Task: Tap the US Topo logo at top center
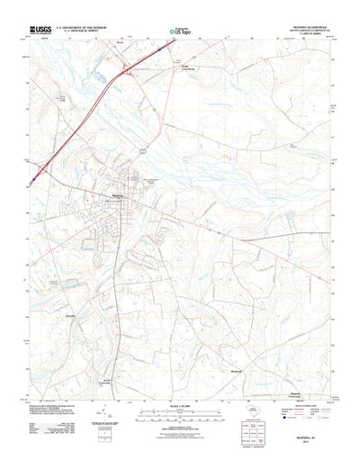(x=182, y=31)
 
